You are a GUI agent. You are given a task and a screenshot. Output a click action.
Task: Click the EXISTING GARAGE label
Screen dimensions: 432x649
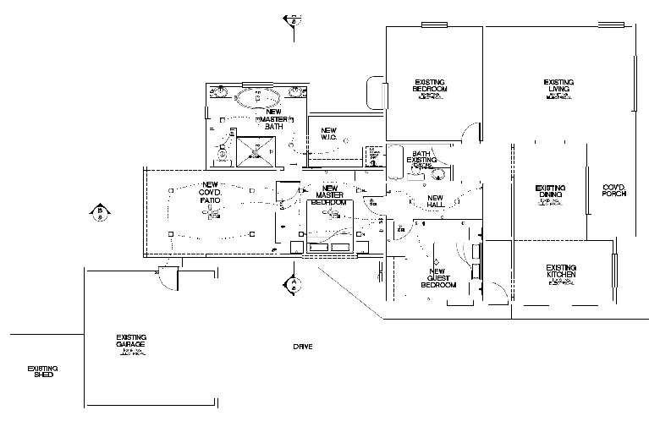[x=131, y=342]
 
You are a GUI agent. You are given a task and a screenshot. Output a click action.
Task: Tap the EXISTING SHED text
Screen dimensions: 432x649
[x=42, y=370]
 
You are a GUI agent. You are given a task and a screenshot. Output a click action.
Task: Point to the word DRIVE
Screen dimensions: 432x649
[x=303, y=347]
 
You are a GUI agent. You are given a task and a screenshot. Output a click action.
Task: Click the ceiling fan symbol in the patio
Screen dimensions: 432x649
[x=209, y=215]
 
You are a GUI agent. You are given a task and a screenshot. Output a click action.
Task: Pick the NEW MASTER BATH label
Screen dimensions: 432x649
[x=273, y=118]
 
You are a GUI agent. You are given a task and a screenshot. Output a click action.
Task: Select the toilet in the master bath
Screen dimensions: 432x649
[x=223, y=154]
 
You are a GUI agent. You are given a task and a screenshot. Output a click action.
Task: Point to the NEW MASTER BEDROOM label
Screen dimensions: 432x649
[x=329, y=195]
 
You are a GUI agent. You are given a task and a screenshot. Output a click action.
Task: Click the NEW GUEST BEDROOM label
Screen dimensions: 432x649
[x=438, y=280]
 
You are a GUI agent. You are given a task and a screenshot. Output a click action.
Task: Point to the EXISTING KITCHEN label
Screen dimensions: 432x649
[x=561, y=272]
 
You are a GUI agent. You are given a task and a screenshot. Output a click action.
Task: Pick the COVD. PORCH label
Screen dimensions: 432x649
[x=613, y=190]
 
